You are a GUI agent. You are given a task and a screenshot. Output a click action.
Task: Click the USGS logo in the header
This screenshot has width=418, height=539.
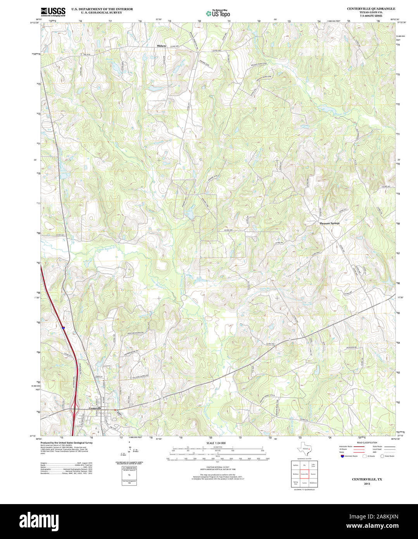click(53, 12)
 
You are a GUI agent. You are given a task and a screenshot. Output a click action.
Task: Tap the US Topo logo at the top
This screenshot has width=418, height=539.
click(218, 13)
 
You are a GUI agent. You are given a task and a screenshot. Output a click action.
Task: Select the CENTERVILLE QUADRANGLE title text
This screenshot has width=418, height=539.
click(371, 9)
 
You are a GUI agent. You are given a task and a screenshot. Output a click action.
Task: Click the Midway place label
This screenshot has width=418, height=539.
click(161, 46)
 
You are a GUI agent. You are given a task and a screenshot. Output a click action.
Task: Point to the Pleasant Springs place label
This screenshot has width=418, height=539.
click(329, 223)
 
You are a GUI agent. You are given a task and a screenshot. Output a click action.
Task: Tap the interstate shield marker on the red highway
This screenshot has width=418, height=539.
click(62, 328)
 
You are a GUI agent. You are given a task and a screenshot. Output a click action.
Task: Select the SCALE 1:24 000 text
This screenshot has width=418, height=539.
click(216, 443)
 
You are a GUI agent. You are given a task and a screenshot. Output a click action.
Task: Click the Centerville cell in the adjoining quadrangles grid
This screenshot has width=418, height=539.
click(304, 474)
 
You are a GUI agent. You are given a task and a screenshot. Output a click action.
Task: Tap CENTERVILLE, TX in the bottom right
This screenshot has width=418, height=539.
click(366, 479)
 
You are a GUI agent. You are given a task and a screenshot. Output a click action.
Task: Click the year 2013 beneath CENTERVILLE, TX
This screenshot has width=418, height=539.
click(367, 484)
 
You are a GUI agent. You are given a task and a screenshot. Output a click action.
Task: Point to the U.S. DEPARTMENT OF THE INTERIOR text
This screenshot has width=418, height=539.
click(102, 9)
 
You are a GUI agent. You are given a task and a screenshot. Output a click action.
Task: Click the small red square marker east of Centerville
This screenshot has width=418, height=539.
click(115, 410)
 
